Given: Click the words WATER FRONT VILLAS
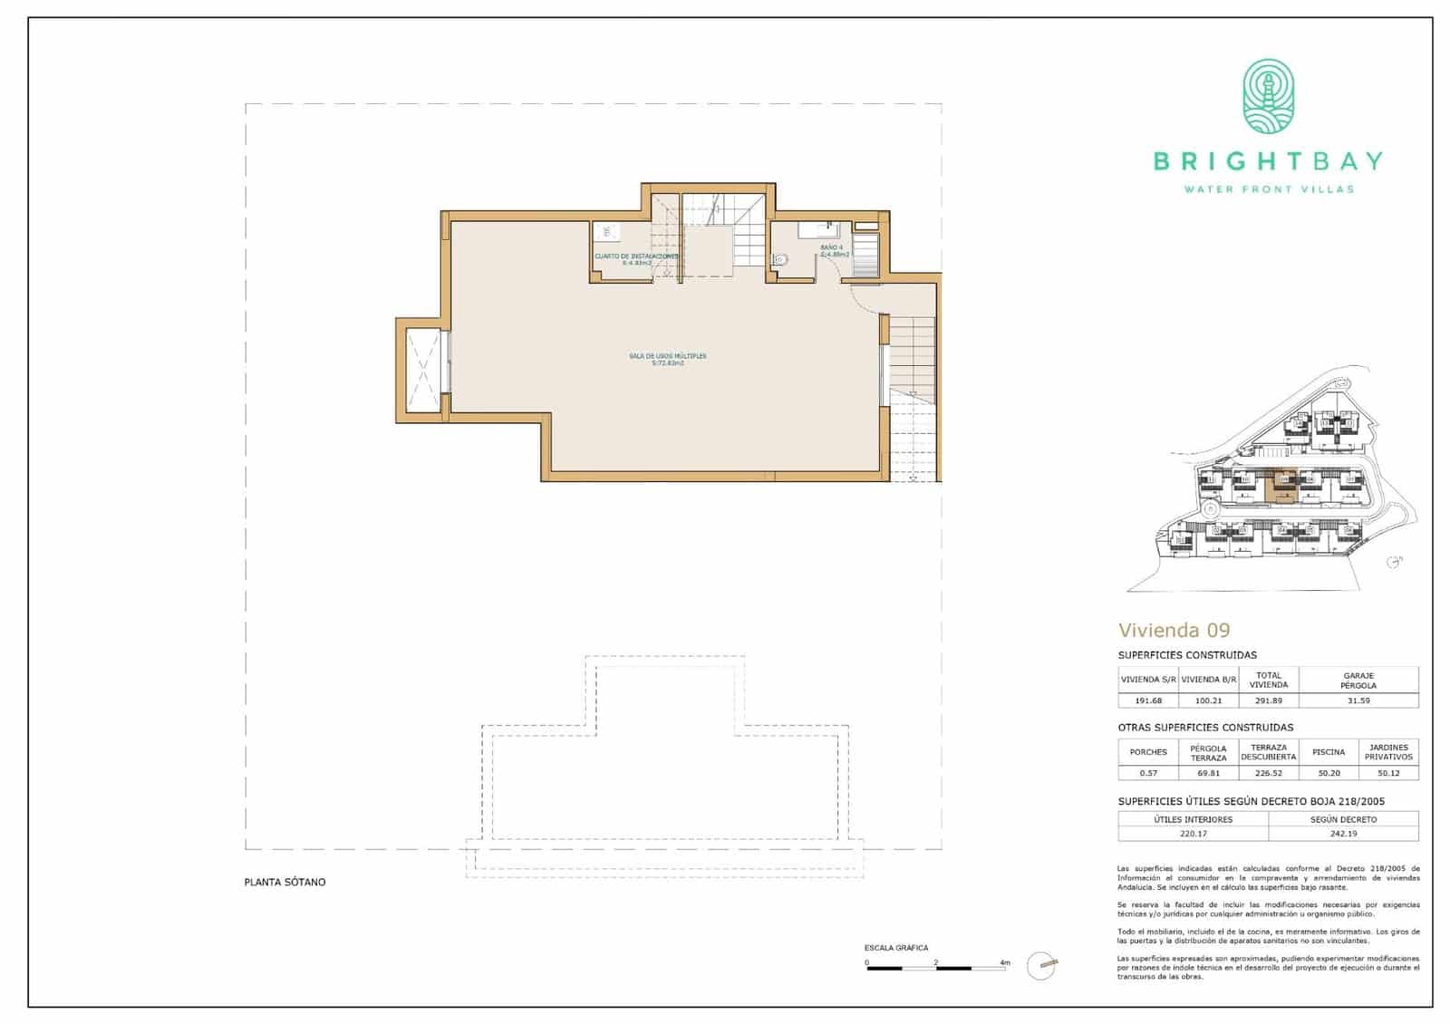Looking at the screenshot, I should (x=1268, y=189).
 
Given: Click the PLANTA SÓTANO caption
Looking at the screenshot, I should (x=285, y=882).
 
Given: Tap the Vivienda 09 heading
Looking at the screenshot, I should (x=1174, y=630).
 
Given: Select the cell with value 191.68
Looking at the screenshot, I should (x=1147, y=700).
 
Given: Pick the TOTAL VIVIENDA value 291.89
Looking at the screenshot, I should (x=1268, y=700).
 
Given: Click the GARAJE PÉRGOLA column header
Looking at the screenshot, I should (x=1358, y=680).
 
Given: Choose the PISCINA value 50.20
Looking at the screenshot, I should (x=1329, y=773).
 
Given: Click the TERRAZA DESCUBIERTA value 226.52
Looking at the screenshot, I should (x=1268, y=773).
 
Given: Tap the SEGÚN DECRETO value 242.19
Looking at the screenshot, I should (x=1343, y=834).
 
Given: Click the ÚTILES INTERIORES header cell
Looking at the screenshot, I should (x=1193, y=819).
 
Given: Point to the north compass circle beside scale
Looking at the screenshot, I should (x=1044, y=965).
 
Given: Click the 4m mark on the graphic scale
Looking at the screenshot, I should (x=1004, y=962).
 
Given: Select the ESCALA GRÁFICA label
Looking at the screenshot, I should (x=895, y=948).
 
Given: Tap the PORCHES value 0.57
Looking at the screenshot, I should (x=1147, y=773).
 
